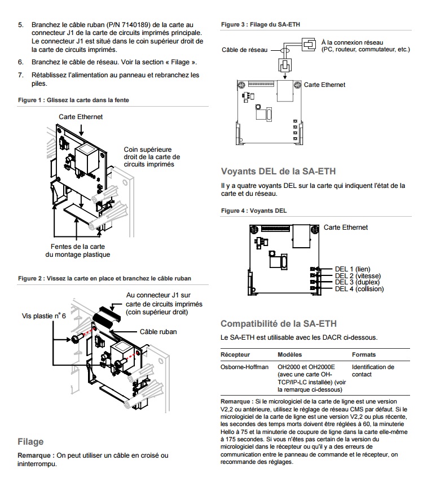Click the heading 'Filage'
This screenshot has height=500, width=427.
point(30,441)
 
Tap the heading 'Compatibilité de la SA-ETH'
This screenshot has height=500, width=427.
point(279,323)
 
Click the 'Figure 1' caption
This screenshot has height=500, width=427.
point(73,100)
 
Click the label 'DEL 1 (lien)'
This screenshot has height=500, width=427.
point(353,269)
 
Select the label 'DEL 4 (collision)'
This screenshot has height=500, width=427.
point(359,289)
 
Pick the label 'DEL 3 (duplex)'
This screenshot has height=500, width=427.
point(357,282)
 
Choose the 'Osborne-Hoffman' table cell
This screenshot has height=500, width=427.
point(244,367)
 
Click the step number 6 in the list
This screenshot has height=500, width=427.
point(21,62)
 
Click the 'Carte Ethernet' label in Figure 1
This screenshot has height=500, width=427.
point(81,117)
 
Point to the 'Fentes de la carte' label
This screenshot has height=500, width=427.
point(78,247)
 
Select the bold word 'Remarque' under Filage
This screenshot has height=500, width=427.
point(36,455)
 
